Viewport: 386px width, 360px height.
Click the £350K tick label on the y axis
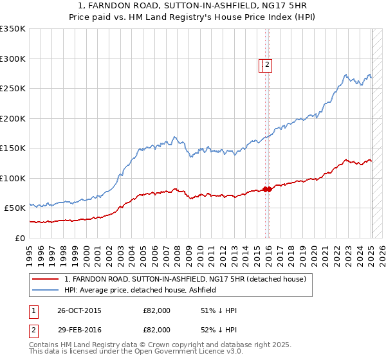coord(12,29)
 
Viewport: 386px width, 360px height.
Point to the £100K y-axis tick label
coord(12,178)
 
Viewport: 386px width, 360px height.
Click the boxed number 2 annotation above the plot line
coord(267,64)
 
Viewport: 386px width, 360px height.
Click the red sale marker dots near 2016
coord(268,189)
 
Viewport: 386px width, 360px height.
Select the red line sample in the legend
coord(45,279)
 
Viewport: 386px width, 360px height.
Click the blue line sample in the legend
coord(45,290)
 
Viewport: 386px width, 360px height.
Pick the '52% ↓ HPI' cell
coord(219,330)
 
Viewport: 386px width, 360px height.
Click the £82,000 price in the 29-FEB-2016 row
coord(156,330)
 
